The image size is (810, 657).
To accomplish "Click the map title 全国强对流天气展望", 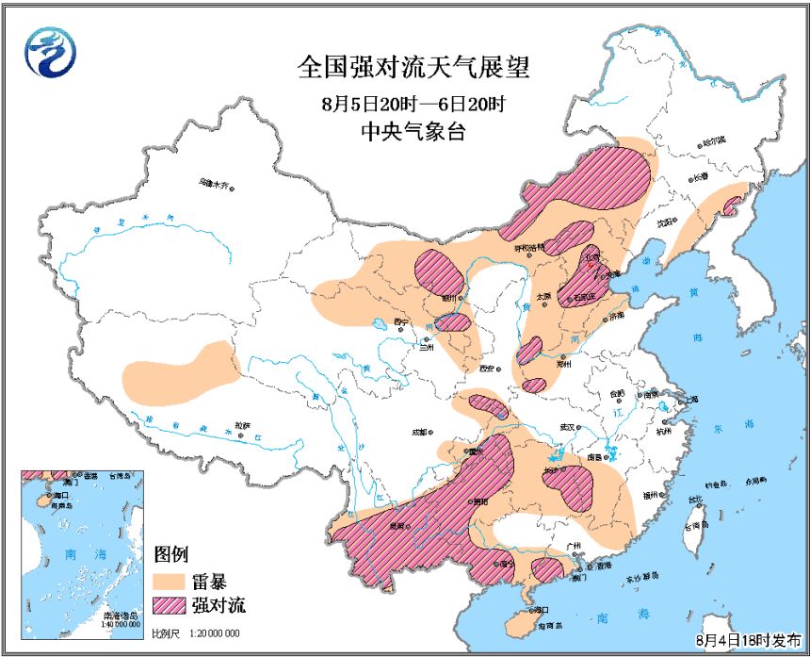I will click(x=413, y=68).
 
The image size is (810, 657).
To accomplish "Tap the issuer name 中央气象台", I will click(x=413, y=131).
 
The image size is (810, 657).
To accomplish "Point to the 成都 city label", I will click(x=418, y=433).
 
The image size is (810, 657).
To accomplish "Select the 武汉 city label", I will click(x=566, y=427).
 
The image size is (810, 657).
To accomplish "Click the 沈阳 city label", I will click(x=666, y=222).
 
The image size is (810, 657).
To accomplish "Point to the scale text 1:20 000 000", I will click(x=215, y=633).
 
